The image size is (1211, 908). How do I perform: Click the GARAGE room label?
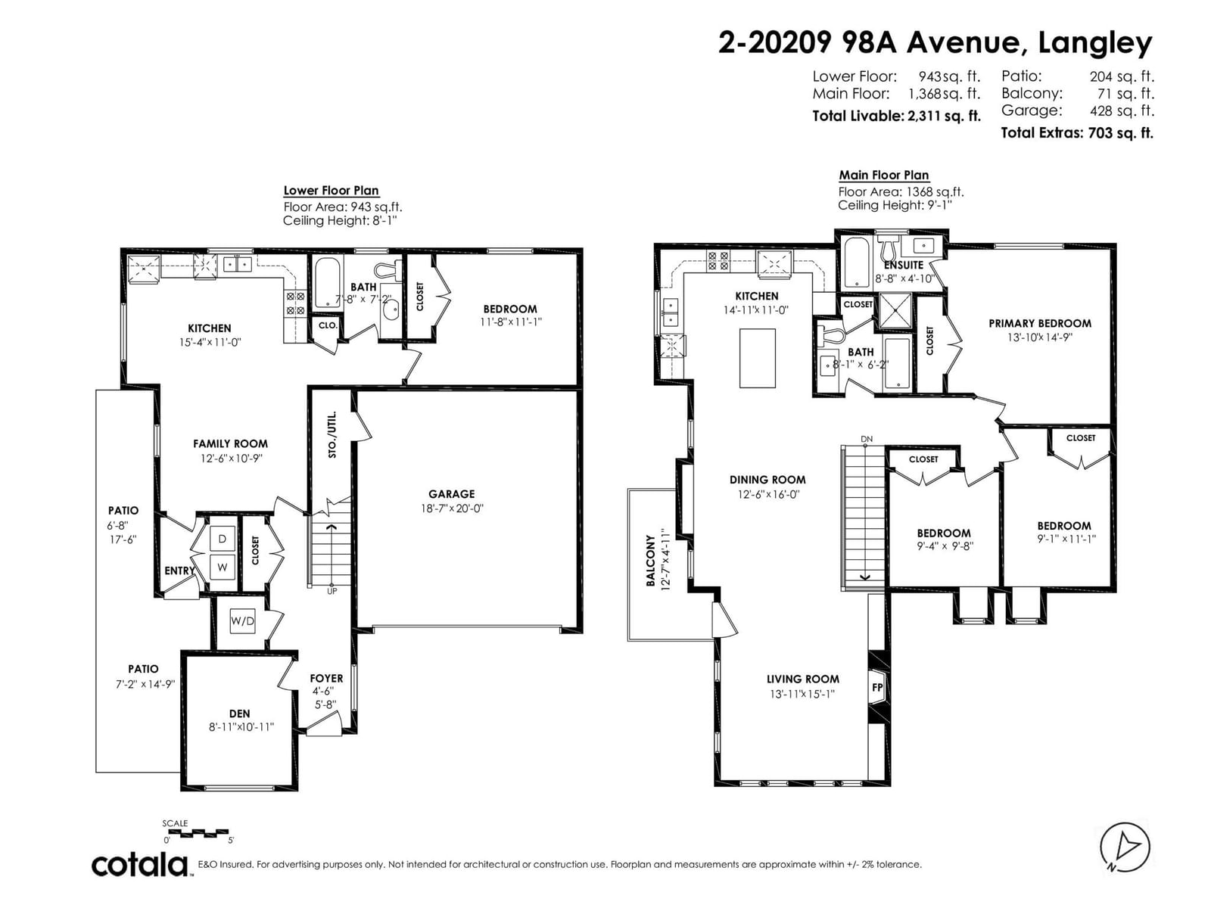click(x=451, y=494)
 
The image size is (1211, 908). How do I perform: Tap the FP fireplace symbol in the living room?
click(x=876, y=688)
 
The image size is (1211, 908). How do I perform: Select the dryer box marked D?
click(x=223, y=539)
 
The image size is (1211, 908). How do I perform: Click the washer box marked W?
click(x=223, y=567)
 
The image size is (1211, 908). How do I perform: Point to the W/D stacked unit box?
click(x=242, y=621)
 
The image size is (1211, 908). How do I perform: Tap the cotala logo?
click(x=139, y=865)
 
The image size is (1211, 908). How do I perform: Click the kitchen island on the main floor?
click(x=757, y=359)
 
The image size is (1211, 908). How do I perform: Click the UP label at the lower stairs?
click(x=332, y=592)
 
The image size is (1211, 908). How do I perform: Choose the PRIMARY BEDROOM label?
click(x=1039, y=324)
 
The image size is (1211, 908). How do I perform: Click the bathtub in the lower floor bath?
click(x=328, y=283)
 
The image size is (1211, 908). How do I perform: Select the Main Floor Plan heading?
click(x=884, y=176)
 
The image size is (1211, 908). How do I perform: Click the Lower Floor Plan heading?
click(x=331, y=191)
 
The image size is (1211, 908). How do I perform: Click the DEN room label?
click(x=239, y=714)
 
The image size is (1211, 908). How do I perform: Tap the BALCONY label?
click(x=650, y=561)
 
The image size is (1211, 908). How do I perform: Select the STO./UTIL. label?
click(x=332, y=434)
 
